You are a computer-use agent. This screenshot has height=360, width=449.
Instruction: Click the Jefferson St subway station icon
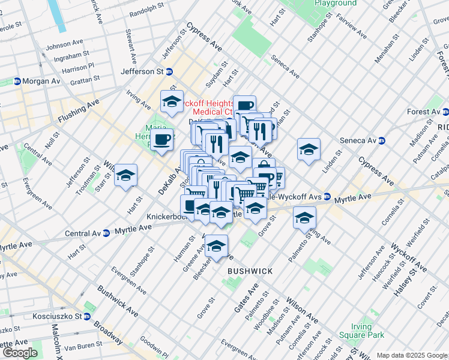coord(169,71)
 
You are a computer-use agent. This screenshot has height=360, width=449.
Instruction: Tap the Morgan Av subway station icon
coord(17,81)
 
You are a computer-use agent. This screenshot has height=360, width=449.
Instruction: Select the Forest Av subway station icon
coord(445,112)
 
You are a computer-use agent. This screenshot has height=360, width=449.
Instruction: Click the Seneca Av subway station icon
coord(381,140)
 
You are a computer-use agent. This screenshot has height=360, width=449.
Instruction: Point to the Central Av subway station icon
coord(106,233)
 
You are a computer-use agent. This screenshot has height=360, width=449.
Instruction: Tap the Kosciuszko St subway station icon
coord(87,316)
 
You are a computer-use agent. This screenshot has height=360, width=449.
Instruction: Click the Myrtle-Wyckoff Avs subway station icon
coord(327,196)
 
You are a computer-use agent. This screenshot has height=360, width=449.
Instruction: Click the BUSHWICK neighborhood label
coord(250,271)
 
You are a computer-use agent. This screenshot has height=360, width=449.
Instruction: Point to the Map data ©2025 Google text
coord(412,355)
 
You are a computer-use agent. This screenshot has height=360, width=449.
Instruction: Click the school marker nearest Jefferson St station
coord(172,101)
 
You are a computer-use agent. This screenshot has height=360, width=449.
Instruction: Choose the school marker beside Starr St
coord(126,175)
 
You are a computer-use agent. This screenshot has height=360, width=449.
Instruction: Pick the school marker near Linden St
coord(309,149)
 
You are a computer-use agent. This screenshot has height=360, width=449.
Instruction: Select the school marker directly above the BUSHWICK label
coord(217,245)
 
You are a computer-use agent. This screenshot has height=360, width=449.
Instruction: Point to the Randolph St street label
coord(146,11)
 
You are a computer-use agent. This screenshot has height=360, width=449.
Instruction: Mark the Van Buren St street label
coord(82,347)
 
